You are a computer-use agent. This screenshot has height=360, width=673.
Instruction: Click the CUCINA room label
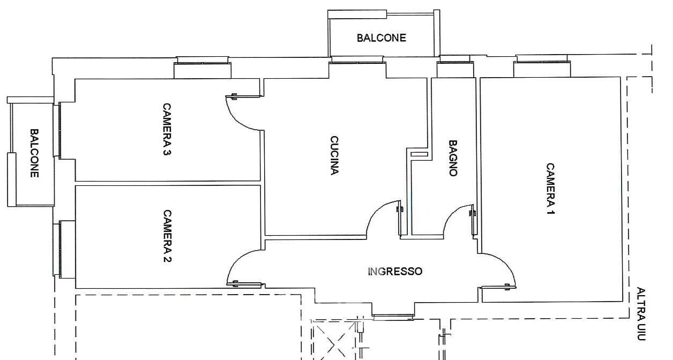pyautogui.click(x=334, y=155)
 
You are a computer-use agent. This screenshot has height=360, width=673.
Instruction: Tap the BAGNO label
pyautogui.click(x=453, y=158)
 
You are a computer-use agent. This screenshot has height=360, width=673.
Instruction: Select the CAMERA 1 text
pyautogui.click(x=550, y=189)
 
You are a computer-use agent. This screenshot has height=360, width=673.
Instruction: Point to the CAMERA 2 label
pyautogui.click(x=167, y=236)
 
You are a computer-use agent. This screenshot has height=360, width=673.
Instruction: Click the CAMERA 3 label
pyautogui.click(x=167, y=129)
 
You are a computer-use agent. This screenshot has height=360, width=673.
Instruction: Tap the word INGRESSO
pyautogui.click(x=395, y=272)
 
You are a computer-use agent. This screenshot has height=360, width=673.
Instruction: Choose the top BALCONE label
pyautogui.click(x=382, y=38)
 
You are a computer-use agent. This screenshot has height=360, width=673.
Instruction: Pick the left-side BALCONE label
pyautogui.click(x=34, y=153)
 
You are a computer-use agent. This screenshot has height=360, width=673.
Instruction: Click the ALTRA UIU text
pyautogui.click(x=641, y=314)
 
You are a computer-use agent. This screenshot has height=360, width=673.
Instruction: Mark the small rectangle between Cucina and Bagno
pyautogui.click(x=419, y=154)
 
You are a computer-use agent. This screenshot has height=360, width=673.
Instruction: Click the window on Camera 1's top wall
pyautogui.click(x=542, y=62)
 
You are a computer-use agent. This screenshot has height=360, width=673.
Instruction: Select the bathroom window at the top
pyautogui.click(x=455, y=62)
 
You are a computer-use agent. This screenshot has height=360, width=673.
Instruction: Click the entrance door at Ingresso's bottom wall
pyautogui.click(x=393, y=316)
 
